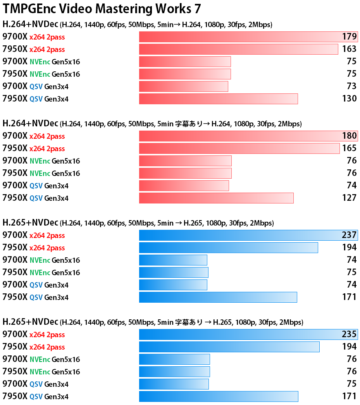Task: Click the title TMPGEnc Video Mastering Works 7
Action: (x=102, y=9)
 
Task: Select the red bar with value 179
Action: (x=248, y=37)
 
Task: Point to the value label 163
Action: (x=349, y=49)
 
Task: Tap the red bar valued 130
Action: (x=218, y=99)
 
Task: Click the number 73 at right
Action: (x=351, y=86)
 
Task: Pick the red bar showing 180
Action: (x=248, y=136)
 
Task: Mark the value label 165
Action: (x=349, y=148)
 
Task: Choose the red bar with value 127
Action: (x=216, y=198)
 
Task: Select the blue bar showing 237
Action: (x=248, y=235)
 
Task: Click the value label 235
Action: (x=349, y=334)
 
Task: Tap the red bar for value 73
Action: (x=183, y=86)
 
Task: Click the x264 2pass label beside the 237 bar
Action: (x=47, y=236)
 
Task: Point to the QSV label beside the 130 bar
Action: (x=36, y=99)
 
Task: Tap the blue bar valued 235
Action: (x=248, y=334)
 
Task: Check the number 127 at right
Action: (x=349, y=198)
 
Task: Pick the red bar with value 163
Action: (x=238, y=49)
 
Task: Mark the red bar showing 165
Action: (x=239, y=148)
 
